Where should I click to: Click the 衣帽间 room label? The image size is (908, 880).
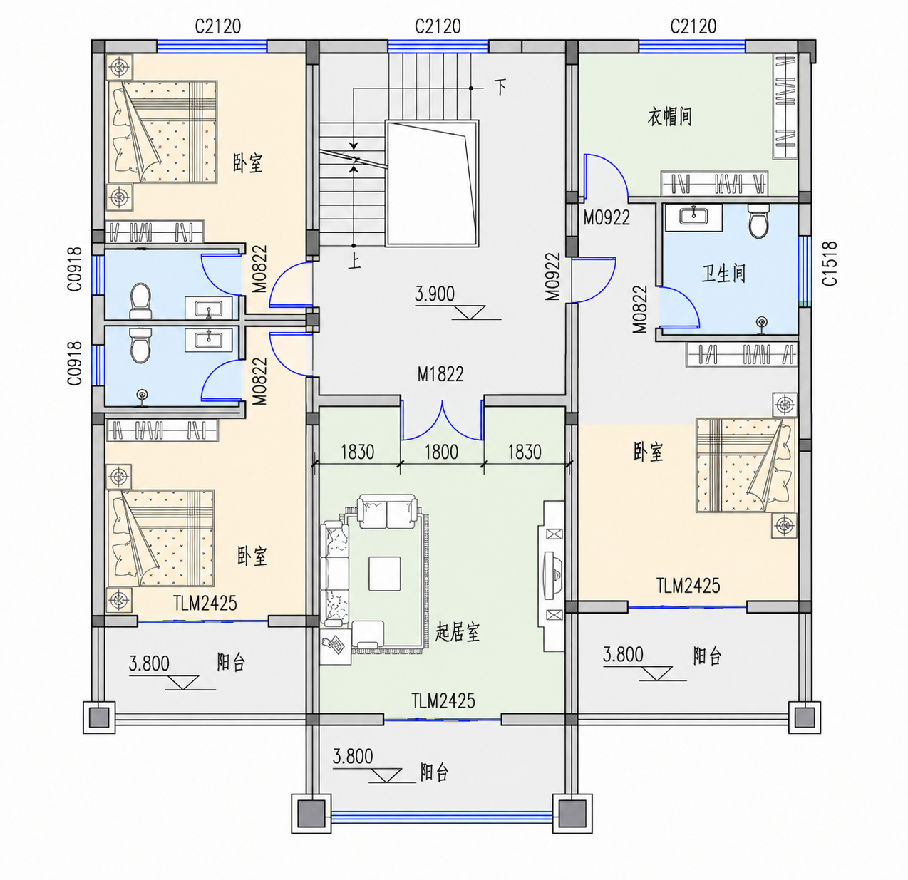pos(669,117)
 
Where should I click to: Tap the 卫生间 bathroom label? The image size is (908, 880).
pos(723,274)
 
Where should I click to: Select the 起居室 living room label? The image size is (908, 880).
pos(458,632)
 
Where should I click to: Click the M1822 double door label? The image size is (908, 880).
pos(440,374)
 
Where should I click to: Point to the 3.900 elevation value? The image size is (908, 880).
pos(435,294)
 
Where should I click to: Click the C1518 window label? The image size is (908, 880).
pos(830,264)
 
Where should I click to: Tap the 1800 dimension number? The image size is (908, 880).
pos(441,452)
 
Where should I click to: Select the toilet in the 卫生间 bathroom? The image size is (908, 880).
pos(758,220)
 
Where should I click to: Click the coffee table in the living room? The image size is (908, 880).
pos(384,574)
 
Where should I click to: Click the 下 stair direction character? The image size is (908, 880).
pos(500,87)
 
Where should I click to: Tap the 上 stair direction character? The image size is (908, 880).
pos(355,262)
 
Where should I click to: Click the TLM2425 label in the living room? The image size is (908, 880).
pos(443,701)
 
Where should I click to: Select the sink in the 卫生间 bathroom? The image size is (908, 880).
pos(694,217)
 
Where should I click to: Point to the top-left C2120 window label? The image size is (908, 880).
pos(218,26)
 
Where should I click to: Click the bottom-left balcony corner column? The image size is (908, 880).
pos(99,717)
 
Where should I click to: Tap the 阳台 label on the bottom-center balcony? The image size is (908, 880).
pos(435,772)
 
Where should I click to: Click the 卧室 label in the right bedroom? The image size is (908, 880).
pos(649,452)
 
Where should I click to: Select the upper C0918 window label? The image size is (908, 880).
pos(75,269)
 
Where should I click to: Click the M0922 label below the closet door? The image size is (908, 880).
pos(607,217)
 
